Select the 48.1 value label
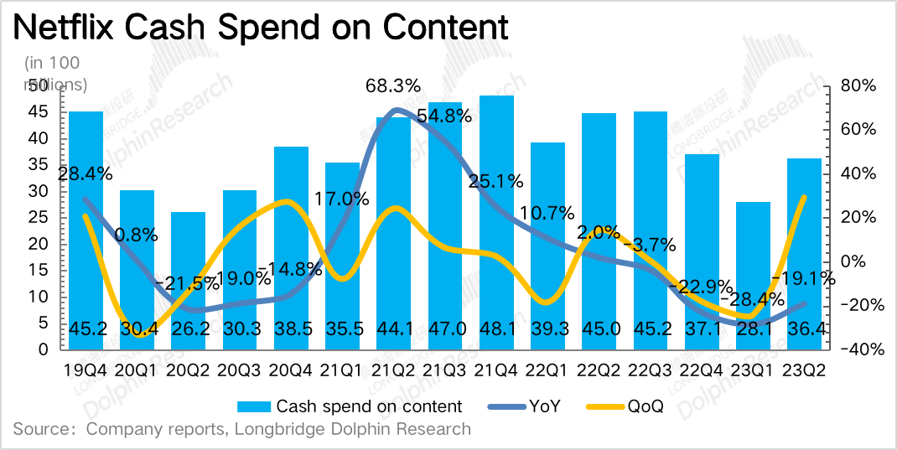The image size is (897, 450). (496, 329)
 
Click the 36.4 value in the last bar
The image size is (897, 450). (804, 329)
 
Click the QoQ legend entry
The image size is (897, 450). (645, 406)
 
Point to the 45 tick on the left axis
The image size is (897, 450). (39, 111)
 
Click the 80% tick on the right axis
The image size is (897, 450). (858, 85)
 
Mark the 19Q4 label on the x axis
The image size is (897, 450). (86, 370)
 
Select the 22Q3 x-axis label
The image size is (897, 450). (650, 370)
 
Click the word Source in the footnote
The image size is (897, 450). (43, 430)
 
